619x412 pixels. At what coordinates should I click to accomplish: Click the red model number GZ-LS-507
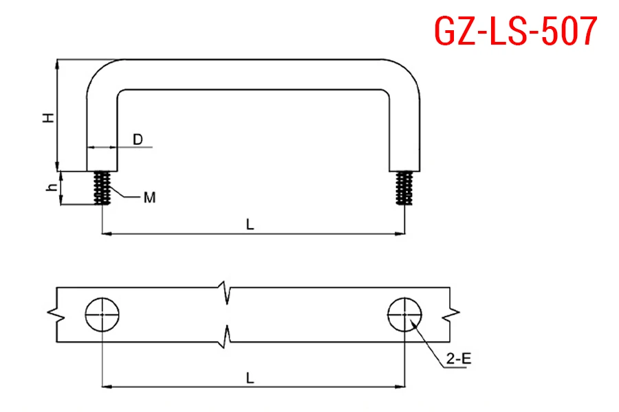pos(516,30)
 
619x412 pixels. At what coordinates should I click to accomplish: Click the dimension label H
pos(49,117)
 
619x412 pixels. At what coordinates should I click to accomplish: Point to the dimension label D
pos(138,139)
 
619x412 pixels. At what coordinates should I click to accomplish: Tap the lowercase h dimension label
pos(52,187)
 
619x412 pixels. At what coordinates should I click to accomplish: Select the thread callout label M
pos(150,198)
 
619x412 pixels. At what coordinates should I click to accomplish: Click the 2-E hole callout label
pos(459,358)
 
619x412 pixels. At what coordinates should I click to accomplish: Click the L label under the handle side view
pos(250,225)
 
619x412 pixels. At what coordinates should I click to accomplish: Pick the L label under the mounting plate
pos(250,378)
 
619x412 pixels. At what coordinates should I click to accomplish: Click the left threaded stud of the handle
pos(102,187)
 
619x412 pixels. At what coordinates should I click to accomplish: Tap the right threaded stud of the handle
pos(404,187)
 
